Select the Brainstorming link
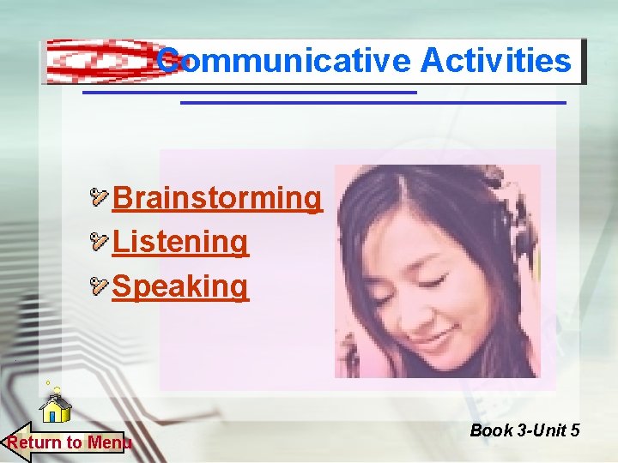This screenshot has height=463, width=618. (216, 197)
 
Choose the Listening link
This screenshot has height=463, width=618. (180, 242)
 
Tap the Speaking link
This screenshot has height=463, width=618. (180, 286)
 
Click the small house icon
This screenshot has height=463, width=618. (56, 408)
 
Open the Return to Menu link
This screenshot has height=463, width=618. (69, 442)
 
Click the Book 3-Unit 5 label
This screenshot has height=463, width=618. (524, 430)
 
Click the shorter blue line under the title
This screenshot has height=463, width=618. (249, 92)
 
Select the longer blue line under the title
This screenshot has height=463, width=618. (373, 103)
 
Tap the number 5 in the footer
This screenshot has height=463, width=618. (574, 430)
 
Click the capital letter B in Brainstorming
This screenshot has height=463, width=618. (122, 197)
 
